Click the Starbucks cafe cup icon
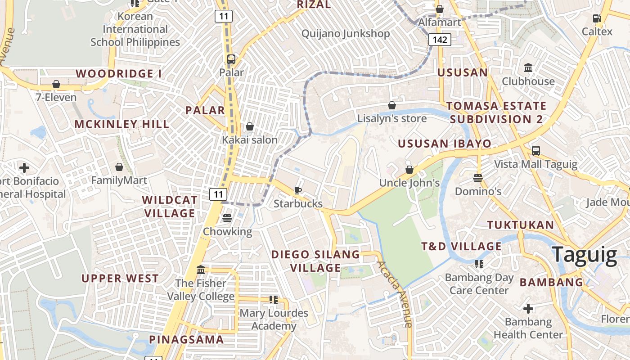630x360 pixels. tap(297, 190)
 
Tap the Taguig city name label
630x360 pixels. tap(584, 255)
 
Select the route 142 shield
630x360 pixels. tap(440, 40)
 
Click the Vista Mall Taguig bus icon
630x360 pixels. tap(535, 151)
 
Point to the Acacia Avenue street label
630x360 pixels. tap(395, 294)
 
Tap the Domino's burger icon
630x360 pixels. tap(478, 178)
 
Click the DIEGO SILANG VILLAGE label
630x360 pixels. tap(315, 261)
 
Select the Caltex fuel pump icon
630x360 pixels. tap(597, 18)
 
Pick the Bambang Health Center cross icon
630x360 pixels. tap(528, 309)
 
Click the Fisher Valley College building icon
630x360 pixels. tap(201, 270)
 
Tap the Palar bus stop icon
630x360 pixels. tap(231, 59)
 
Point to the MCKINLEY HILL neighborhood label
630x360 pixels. tap(121, 124)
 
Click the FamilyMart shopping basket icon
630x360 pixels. tap(119, 167)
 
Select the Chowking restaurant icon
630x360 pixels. tap(227, 219)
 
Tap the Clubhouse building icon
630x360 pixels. tap(528, 68)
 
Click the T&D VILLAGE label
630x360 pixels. tap(461, 246)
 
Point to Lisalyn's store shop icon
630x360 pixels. tap(392, 105)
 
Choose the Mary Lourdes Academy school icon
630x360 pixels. tap(273, 299)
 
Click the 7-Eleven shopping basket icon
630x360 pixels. tap(56, 84)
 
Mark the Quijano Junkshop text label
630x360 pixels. tap(346, 34)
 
